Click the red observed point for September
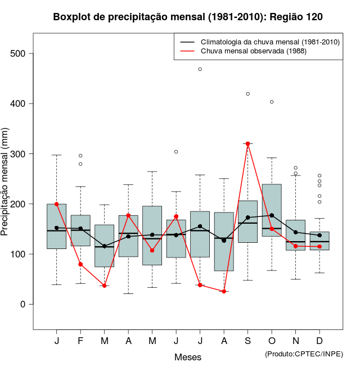point(247,144)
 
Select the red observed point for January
point(57,204)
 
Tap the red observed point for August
point(224,291)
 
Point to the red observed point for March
point(105,286)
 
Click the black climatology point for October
point(272,215)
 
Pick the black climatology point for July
point(200,226)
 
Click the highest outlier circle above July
point(200,69)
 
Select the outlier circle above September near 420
point(247,94)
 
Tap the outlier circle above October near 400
point(272,102)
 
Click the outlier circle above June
point(176,152)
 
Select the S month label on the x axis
point(247,341)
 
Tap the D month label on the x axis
point(319,341)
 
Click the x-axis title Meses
point(188,358)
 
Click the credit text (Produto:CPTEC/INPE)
point(304,354)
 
